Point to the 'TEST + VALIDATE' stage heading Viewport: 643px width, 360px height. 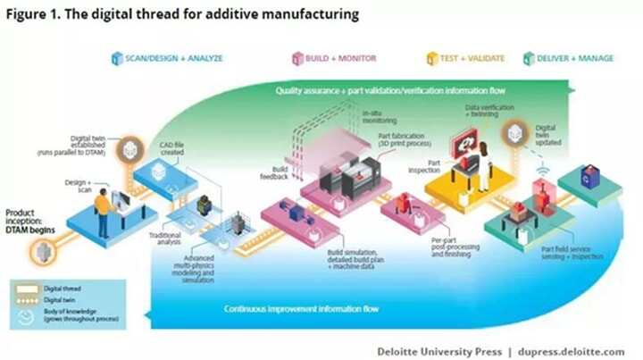pos(471,59)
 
